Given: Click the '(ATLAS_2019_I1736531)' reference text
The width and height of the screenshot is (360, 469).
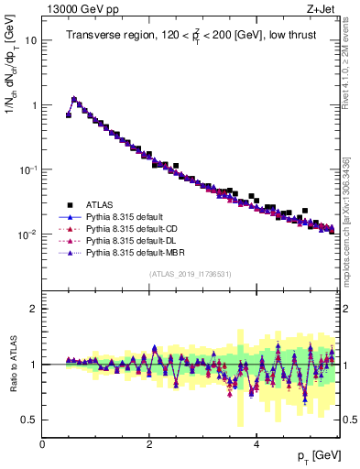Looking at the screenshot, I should coord(190,274).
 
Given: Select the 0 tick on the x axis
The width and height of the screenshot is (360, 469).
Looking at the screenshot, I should coord(43,444).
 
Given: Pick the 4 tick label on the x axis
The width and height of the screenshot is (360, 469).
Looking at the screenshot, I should coord(256,444).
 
